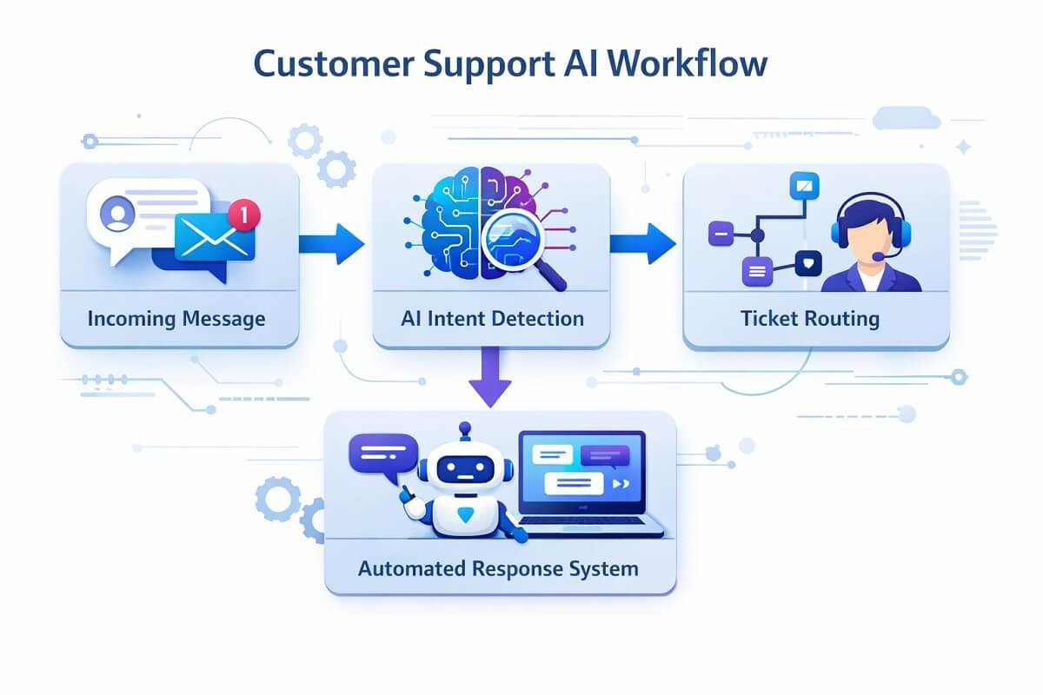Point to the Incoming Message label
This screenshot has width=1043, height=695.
point(176,319)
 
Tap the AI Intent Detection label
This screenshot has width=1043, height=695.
point(492,319)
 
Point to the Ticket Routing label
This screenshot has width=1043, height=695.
point(810,319)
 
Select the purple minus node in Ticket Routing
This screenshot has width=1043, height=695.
point(721,234)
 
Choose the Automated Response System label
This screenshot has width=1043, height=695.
point(498,570)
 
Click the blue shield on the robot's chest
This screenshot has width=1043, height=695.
point(466,515)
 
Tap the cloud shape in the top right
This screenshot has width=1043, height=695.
point(906,118)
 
